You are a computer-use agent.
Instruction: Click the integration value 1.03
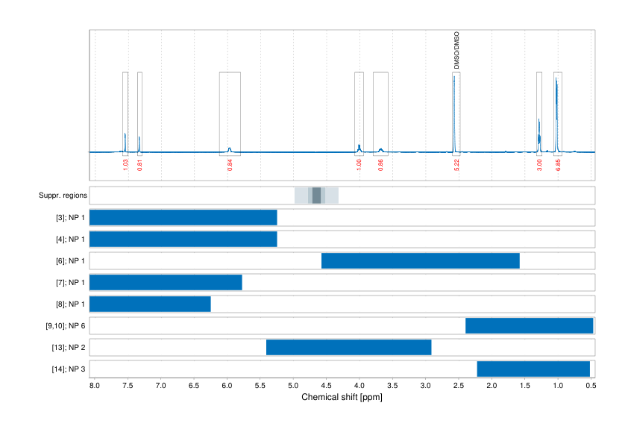(125, 164)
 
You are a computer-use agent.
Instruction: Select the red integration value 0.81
(139, 164)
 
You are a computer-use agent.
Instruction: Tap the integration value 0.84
(230, 164)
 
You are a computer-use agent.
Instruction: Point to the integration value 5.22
(456, 164)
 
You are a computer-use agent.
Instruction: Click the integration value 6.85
(558, 164)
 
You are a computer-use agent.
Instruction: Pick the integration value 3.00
(539, 164)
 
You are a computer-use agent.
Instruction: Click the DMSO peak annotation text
(457, 51)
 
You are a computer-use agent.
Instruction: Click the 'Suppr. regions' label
(63, 196)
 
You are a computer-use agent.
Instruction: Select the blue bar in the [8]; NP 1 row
(150, 304)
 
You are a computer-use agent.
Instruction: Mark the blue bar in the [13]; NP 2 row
(348, 348)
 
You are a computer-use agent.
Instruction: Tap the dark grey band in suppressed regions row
(316, 196)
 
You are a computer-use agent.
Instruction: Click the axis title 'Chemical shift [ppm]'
(342, 397)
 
